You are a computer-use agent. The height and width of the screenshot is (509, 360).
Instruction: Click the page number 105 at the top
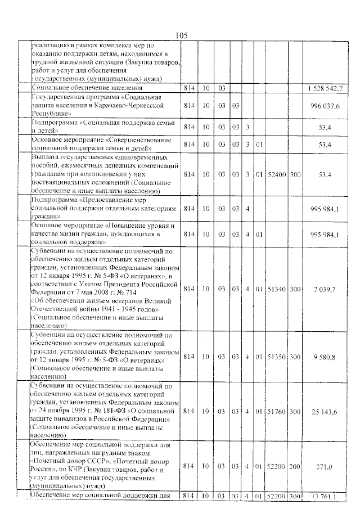[181, 35]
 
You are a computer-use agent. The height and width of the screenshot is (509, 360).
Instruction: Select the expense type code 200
[295, 466]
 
